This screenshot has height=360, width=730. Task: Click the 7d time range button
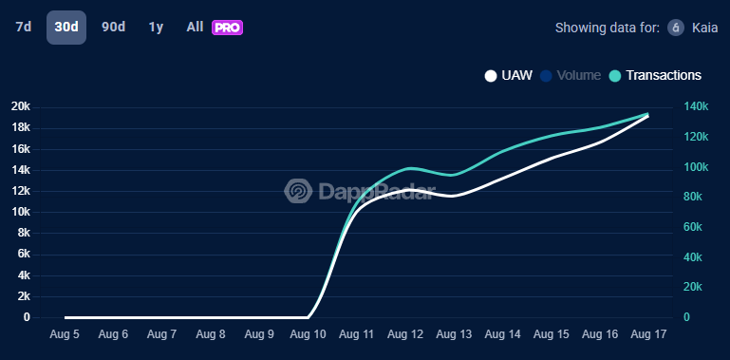(23, 27)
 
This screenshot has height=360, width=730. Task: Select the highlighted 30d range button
(66, 27)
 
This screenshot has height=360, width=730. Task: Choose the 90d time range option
(113, 27)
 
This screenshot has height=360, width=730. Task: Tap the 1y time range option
(156, 27)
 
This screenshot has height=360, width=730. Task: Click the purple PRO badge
(228, 28)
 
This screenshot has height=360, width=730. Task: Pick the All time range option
(195, 27)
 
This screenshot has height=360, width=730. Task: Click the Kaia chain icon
(676, 27)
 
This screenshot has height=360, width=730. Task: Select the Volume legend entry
(578, 75)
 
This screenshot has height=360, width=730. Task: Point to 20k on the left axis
(21, 106)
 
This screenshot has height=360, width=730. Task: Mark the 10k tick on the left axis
(21, 212)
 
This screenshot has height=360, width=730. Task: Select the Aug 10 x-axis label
(308, 334)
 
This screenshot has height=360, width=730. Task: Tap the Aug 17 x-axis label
(649, 334)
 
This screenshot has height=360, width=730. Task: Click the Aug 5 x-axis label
(65, 334)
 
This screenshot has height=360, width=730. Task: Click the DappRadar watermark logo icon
(298, 191)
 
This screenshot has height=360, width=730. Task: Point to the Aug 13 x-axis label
(454, 334)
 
